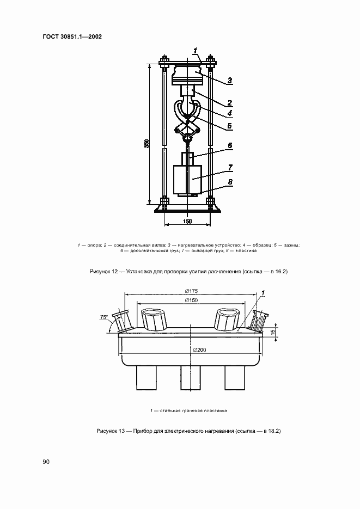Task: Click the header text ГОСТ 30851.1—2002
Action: click(72, 36)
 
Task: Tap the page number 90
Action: click(46, 462)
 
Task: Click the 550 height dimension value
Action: click(147, 144)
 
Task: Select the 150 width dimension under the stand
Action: click(188, 222)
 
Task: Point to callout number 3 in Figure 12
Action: click(230, 80)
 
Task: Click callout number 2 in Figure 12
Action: click(230, 103)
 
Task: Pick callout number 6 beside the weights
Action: click(230, 146)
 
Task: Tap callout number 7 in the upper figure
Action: click(230, 168)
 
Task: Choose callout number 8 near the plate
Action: click(230, 182)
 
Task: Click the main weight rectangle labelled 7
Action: click(188, 179)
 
